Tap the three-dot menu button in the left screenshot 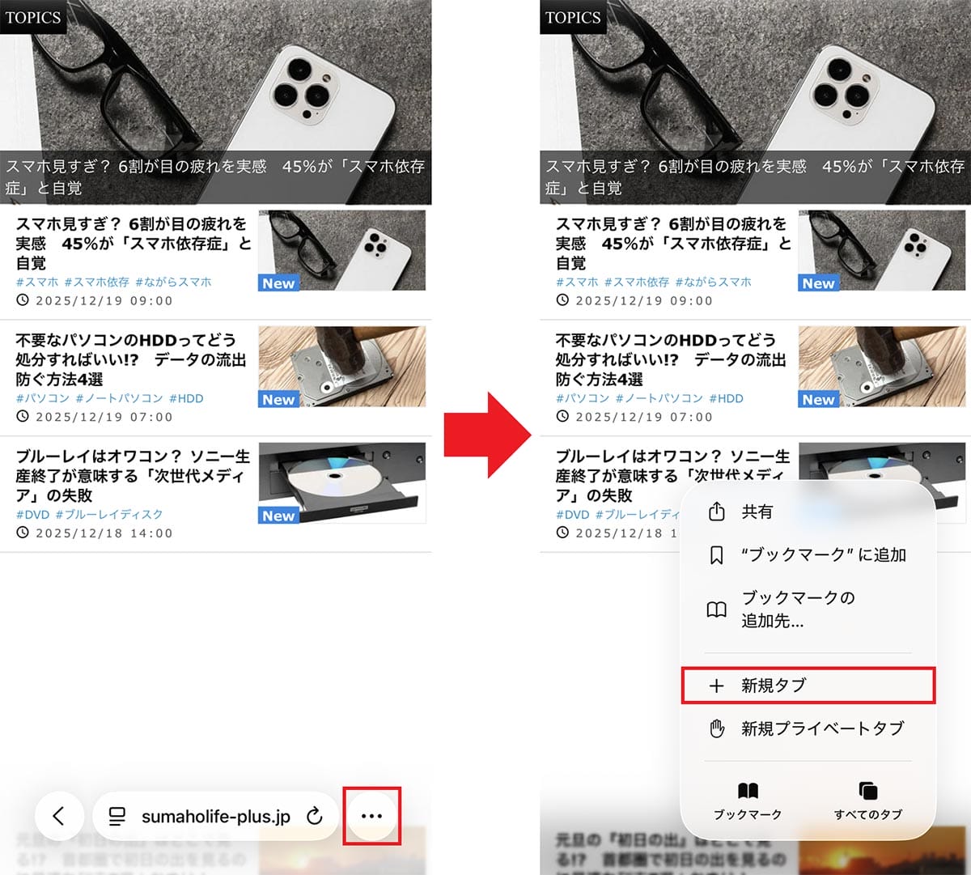[371, 816]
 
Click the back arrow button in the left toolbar [59, 816]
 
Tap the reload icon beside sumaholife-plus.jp [315, 816]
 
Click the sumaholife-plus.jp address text [215, 817]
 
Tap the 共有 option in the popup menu [757, 512]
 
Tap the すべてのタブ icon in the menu [868, 792]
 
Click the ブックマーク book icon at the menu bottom [748, 792]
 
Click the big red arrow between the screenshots [485, 435]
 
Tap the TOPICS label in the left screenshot [32, 17]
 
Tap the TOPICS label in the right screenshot [573, 17]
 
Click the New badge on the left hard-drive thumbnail [278, 399]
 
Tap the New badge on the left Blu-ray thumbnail [278, 516]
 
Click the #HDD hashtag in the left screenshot [186, 398]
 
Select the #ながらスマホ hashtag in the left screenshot [173, 282]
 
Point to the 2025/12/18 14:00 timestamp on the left [104, 533]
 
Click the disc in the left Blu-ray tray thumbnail [331, 478]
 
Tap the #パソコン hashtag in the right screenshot [583, 398]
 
